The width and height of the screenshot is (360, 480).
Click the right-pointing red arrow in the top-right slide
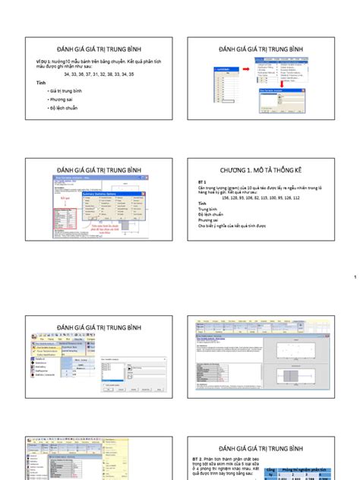[248, 68]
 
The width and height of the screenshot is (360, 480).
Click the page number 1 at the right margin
[354, 277]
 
